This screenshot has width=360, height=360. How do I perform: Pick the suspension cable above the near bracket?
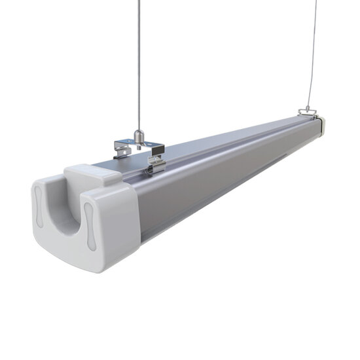[x=138, y=65]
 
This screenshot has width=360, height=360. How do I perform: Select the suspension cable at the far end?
[x=310, y=52]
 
